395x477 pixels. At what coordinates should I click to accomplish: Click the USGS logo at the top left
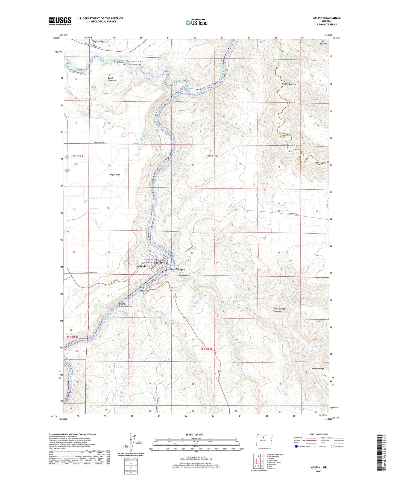(x=60, y=21)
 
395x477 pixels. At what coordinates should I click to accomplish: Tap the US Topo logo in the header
(x=196, y=22)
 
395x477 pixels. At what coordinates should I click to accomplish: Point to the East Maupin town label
(x=177, y=269)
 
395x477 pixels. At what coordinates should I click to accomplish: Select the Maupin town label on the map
(x=142, y=266)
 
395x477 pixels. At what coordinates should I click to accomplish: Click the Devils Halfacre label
(x=112, y=79)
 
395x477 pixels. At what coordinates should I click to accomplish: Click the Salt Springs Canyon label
(x=279, y=310)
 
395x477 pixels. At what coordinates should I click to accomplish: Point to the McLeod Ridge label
(x=318, y=369)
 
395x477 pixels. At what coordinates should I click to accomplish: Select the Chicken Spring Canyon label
(x=125, y=305)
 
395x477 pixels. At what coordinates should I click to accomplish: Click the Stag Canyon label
(x=143, y=291)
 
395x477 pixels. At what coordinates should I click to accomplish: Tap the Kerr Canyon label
(x=323, y=42)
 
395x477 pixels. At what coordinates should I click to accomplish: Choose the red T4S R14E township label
(x=212, y=156)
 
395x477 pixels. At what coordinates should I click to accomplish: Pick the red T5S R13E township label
(x=72, y=337)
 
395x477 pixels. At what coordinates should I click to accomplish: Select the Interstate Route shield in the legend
(x=296, y=446)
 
